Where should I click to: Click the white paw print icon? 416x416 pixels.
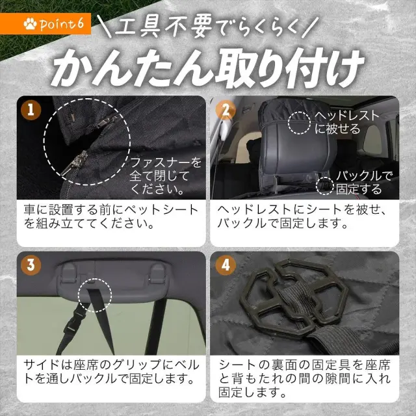pos(30,24)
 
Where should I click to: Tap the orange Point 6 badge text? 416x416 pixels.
pos(62,24)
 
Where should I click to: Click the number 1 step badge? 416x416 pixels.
pos(31,110)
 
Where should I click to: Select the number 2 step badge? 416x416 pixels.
pos(226,110)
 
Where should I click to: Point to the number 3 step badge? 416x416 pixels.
pos(31,265)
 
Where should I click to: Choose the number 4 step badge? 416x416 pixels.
pos(226,265)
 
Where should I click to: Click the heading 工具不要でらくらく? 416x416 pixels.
pos(207,27)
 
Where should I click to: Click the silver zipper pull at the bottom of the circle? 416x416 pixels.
pos(75,162)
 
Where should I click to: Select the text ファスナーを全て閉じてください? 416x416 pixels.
pos(165,175)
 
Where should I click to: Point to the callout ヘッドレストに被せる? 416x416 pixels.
pos(346,122)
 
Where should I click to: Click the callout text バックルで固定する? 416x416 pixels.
pos(363,183)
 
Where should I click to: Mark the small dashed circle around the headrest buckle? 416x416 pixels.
pos(325,186)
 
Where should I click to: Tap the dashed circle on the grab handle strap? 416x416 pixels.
pos(95,295)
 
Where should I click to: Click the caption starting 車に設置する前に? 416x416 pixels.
pos(111,216)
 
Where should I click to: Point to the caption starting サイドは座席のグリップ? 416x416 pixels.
pos(111,371)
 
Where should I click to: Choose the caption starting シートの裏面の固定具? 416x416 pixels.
pos(305,378)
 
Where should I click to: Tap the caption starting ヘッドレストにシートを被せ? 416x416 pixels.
pos(302,216)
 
